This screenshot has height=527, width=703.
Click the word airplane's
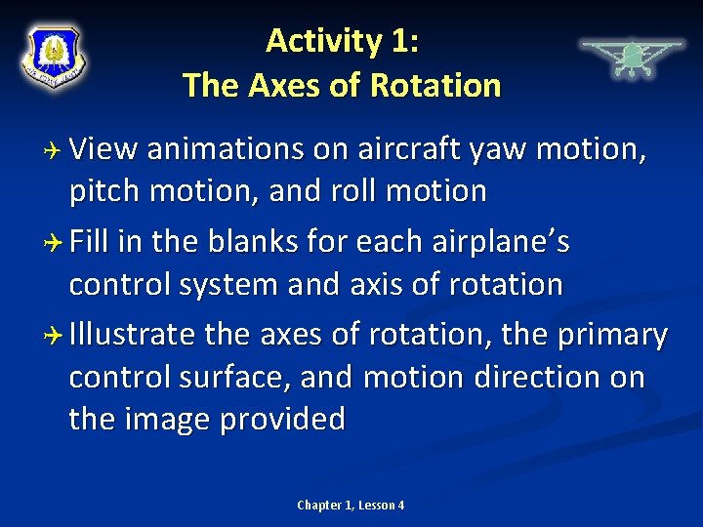497,242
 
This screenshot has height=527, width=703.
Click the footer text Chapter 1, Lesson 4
351,505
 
